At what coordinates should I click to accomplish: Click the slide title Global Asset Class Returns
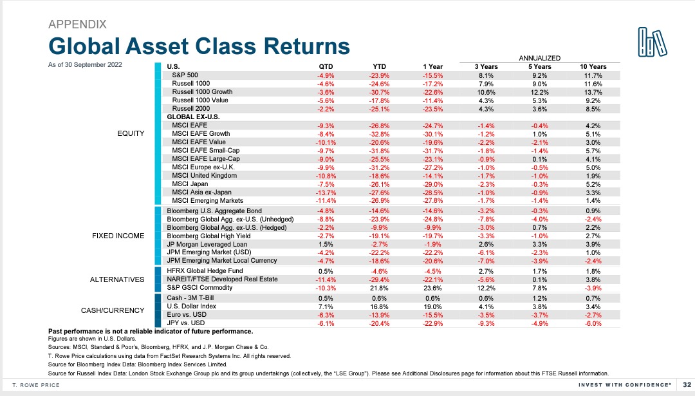point(199,46)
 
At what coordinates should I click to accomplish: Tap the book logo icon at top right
point(652,42)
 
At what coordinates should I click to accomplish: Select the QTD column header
point(326,66)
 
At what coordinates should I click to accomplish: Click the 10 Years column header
point(593,66)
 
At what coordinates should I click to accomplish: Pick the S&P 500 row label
point(185,75)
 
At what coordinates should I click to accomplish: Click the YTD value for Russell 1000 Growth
point(379,92)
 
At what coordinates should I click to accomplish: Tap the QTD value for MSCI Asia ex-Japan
point(326,192)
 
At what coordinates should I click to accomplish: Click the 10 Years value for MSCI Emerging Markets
point(593,200)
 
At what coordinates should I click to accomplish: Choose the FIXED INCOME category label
point(118,236)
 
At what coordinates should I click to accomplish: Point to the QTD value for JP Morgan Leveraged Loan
point(326,244)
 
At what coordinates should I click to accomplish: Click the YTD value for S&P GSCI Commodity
point(379,287)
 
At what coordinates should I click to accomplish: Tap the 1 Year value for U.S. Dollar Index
point(433,307)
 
